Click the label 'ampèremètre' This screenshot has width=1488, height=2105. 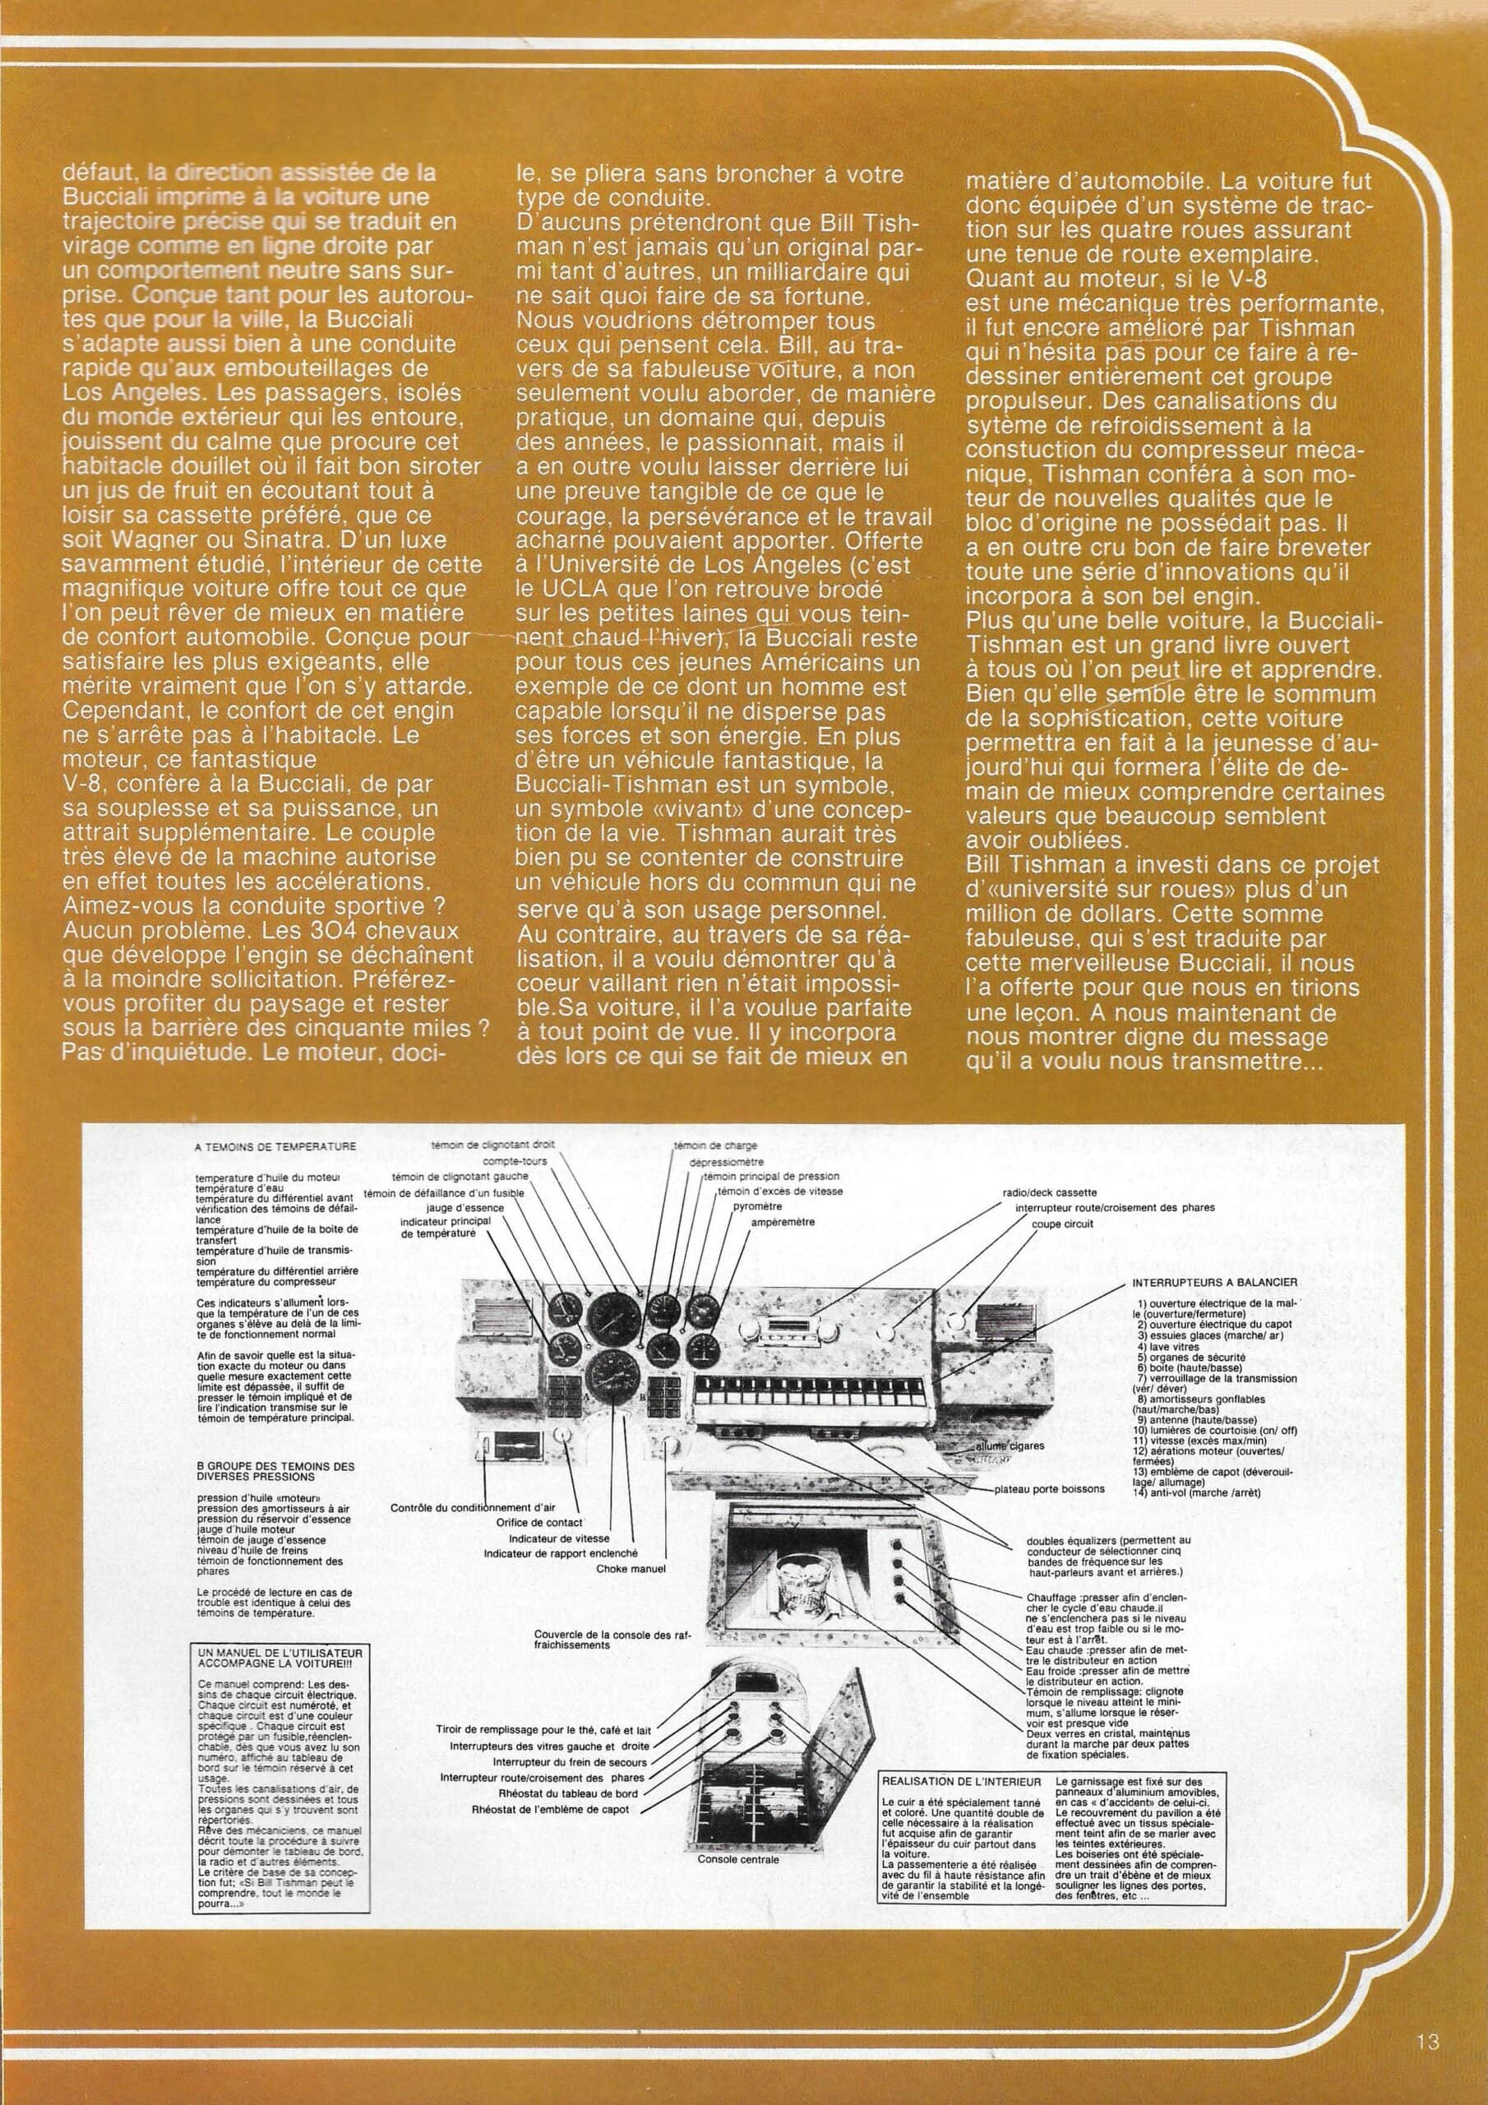coord(782,1222)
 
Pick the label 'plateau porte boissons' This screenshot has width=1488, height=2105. coord(1050,1489)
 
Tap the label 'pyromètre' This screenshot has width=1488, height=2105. coord(756,1206)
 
